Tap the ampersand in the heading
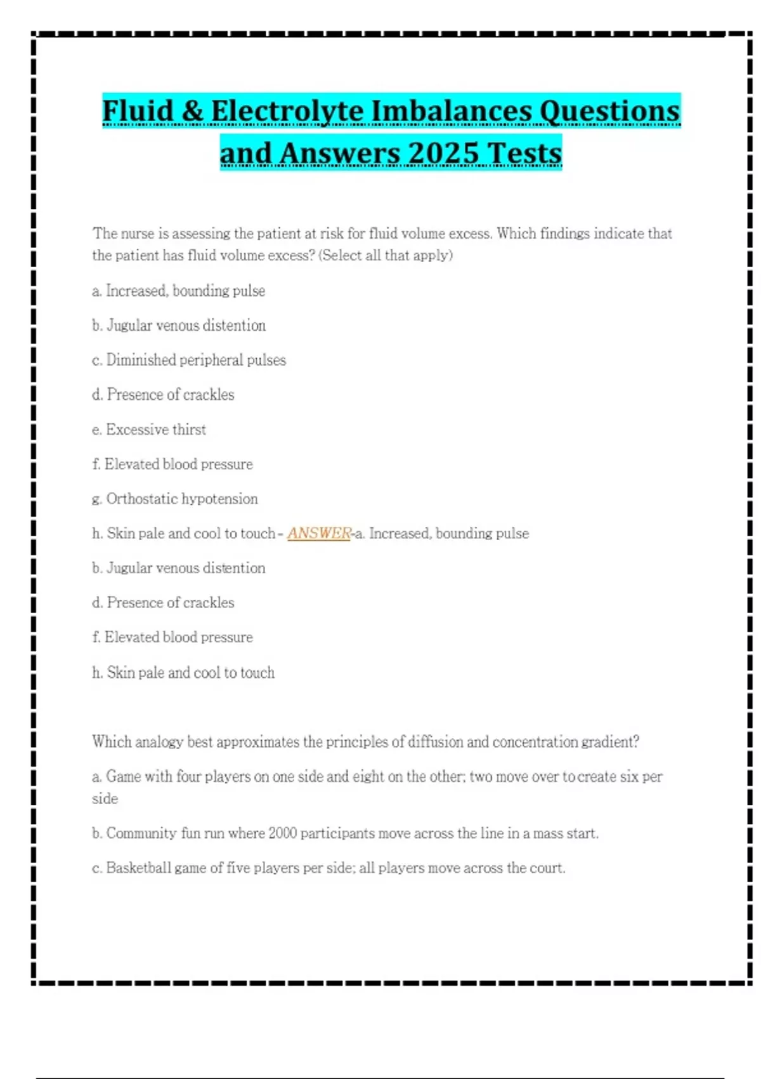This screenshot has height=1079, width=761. [x=192, y=111]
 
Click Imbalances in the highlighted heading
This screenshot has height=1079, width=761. [x=451, y=111]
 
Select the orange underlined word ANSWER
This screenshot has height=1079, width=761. [x=319, y=533]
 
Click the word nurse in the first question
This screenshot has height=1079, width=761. [x=138, y=234]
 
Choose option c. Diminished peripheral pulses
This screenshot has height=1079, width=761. [x=189, y=360]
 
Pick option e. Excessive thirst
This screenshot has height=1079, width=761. [x=149, y=430]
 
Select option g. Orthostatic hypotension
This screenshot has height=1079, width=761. [x=175, y=499]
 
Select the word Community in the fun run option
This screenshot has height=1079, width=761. [x=141, y=833]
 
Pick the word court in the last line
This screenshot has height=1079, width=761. [x=548, y=868]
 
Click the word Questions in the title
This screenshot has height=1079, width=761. [x=609, y=111]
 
